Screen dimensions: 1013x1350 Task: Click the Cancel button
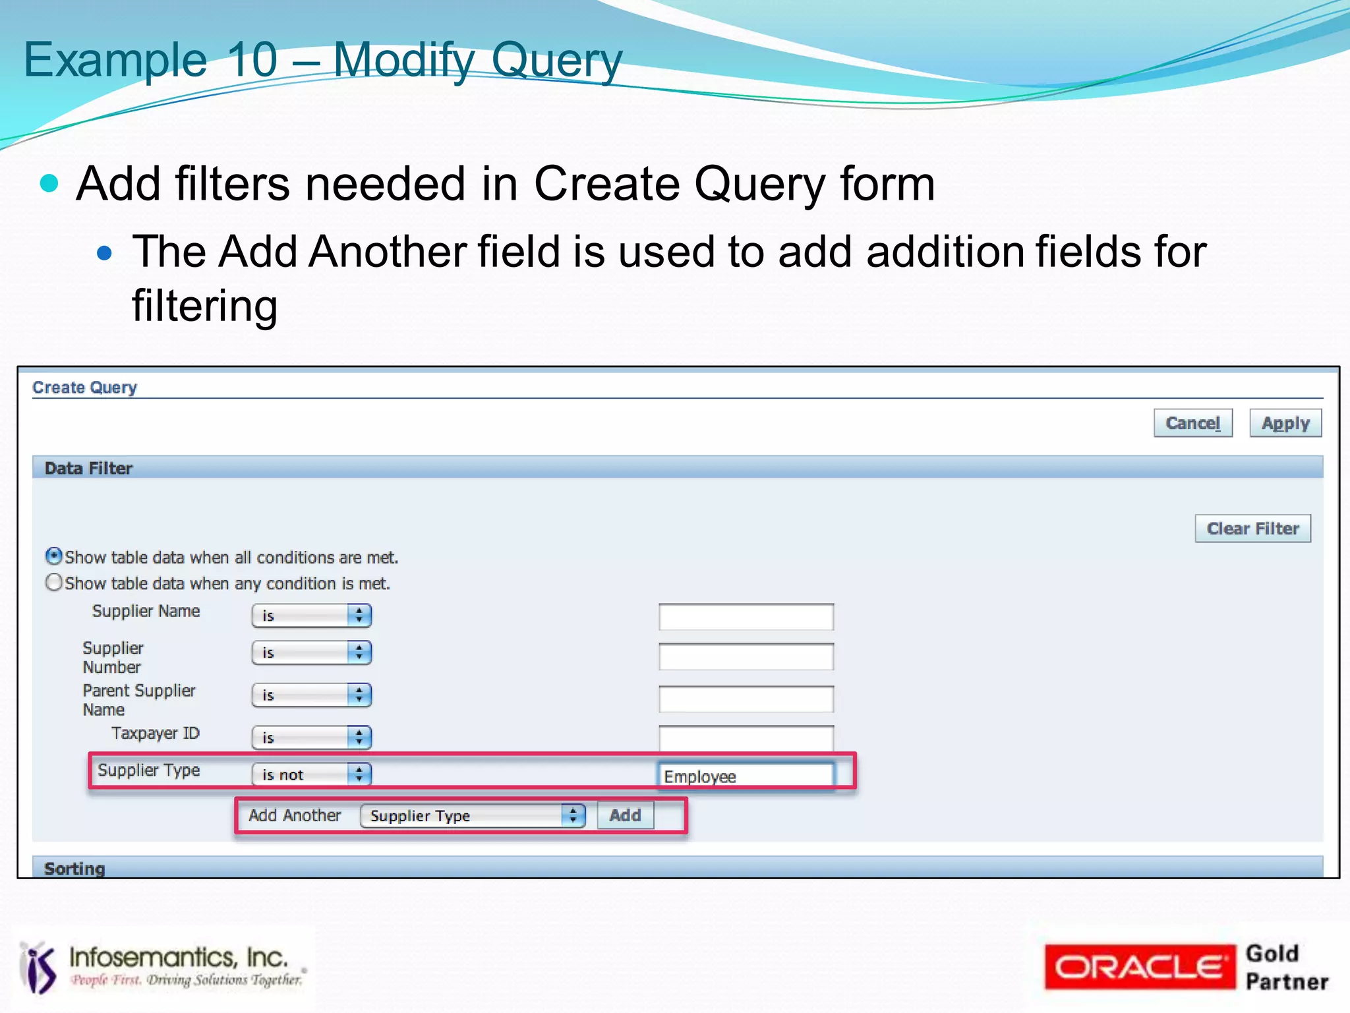[1192, 423]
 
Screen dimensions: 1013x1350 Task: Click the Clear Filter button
[1252, 529]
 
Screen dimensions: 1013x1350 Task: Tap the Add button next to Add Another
[624, 815]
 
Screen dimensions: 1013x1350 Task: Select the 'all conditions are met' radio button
[54, 556]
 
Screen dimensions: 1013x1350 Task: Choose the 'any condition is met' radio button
[54, 583]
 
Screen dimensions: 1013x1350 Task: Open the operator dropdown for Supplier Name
[311, 616]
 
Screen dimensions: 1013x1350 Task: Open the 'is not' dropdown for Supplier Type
[311, 774]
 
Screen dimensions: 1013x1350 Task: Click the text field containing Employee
[746, 776]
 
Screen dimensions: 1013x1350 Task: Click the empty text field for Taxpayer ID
[746, 738]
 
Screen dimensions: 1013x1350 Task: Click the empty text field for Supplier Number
[746, 656]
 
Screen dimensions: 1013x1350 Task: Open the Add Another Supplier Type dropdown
[472, 816]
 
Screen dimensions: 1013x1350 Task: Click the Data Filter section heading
[88, 468]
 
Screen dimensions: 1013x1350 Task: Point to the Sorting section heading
[74, 868]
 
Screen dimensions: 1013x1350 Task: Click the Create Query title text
[84, 388]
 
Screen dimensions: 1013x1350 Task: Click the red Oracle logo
[1138, 967]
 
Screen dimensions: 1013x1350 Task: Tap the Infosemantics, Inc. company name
[178, 957]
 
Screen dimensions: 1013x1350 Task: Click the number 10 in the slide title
[252, 59]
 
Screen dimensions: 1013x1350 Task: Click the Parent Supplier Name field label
[138, 700]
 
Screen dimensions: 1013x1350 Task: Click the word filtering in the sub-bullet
[204, 306]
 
